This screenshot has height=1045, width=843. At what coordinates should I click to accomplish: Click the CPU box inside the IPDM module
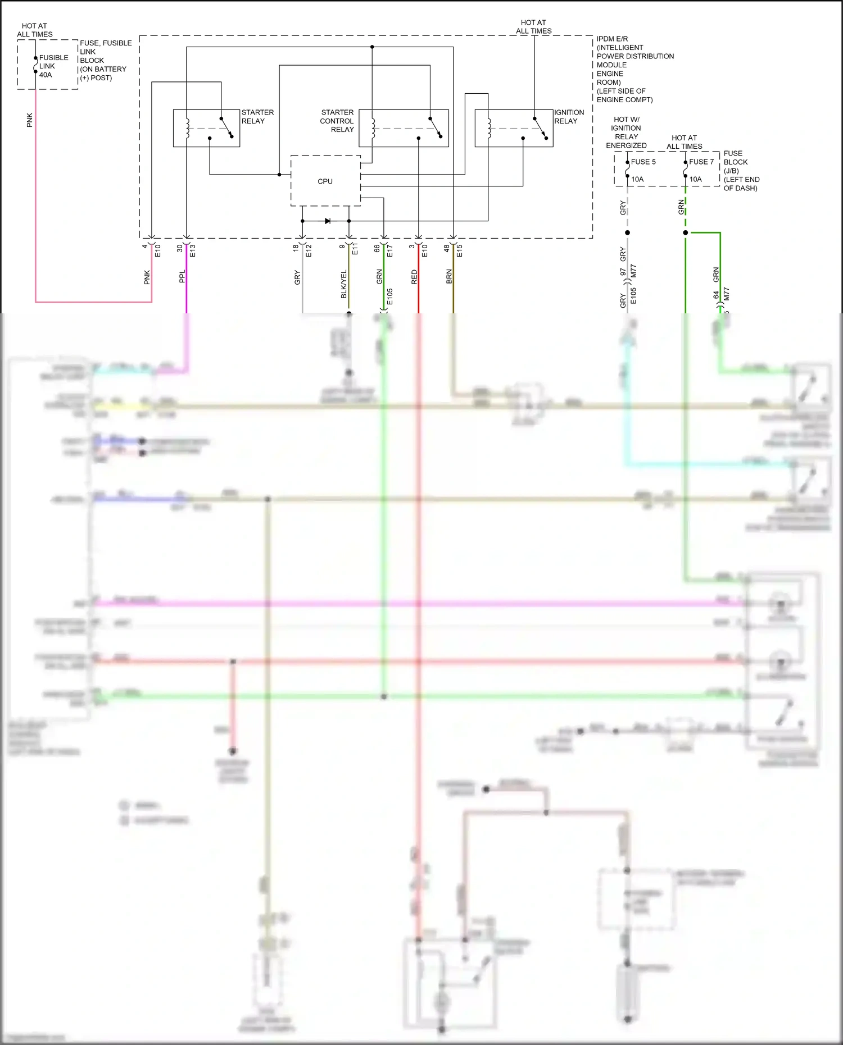[x=325, y=181]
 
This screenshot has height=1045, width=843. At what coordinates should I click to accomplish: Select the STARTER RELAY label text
[x=257, y=117]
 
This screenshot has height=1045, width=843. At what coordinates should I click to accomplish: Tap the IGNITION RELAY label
[x=569, y=117]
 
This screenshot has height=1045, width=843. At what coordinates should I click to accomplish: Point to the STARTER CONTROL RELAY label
[x=337, y=121]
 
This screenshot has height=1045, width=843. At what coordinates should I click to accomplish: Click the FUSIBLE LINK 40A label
[x=53, y=66]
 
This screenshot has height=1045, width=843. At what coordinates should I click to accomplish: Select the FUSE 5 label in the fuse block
[x=643, y=162]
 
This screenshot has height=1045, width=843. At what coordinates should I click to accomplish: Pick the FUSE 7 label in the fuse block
[x=701, y=162]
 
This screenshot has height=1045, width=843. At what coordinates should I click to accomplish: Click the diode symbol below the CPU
[x=328, y=221]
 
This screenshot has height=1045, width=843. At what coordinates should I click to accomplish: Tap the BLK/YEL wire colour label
[x=344, y=284]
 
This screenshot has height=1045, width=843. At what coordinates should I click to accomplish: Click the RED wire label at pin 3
[x=414, y=277]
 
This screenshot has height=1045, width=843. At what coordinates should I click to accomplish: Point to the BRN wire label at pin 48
[x=449, y=276]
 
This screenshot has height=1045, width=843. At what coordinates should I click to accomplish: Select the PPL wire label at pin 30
[x=182, y=276]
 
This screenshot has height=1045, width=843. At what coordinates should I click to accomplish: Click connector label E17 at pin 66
[x=389, y=250]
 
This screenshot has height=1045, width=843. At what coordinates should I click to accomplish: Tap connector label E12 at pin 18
[x=309, y=250]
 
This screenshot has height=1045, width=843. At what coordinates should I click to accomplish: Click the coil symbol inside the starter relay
[x=187, y=128]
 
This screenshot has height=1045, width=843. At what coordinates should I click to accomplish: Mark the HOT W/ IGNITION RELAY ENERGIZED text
[x=626, y=133]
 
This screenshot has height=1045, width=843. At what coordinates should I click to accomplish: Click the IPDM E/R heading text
[x=612, y=39]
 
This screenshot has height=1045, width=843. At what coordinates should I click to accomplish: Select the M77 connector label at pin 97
[x=633, y=271]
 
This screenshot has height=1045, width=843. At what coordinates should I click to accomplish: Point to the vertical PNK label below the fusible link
[x=30, y=120]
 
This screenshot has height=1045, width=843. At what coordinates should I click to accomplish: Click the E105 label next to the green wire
[x=389, y=296]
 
